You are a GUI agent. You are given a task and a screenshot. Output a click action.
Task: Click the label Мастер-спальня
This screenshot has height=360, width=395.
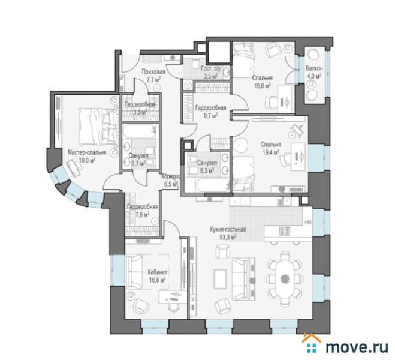[87, 152]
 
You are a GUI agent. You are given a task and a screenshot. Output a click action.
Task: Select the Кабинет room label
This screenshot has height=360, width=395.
[158, 272]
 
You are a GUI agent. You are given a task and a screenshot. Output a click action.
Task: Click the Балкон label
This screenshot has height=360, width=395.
[314, 68]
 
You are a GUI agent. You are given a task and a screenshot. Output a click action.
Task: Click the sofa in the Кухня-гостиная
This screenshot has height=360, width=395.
[243, 279]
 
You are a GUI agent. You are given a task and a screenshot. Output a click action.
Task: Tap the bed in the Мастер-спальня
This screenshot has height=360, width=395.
[98, 127]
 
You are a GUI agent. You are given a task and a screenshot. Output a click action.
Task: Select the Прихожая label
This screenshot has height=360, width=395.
[153, 72]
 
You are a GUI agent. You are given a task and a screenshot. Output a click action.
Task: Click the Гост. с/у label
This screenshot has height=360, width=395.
[211, 68]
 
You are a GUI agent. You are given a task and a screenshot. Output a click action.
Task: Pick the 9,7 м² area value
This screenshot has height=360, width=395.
[210, 116]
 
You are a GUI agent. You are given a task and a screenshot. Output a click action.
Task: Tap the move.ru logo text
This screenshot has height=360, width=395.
[357, 347]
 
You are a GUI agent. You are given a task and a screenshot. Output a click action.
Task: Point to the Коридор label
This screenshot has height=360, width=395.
[171, 176]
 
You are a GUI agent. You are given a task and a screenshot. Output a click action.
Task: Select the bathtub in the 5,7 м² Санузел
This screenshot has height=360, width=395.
[139, 131]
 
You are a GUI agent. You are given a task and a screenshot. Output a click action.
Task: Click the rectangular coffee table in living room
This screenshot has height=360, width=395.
[220, 279]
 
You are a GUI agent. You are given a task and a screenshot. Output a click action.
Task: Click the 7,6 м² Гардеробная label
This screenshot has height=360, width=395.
[143, 207]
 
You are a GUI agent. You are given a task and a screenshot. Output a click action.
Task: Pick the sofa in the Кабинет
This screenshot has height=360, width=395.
[134, 271]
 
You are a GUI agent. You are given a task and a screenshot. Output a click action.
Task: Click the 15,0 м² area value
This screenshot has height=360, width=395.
[263, 86]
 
